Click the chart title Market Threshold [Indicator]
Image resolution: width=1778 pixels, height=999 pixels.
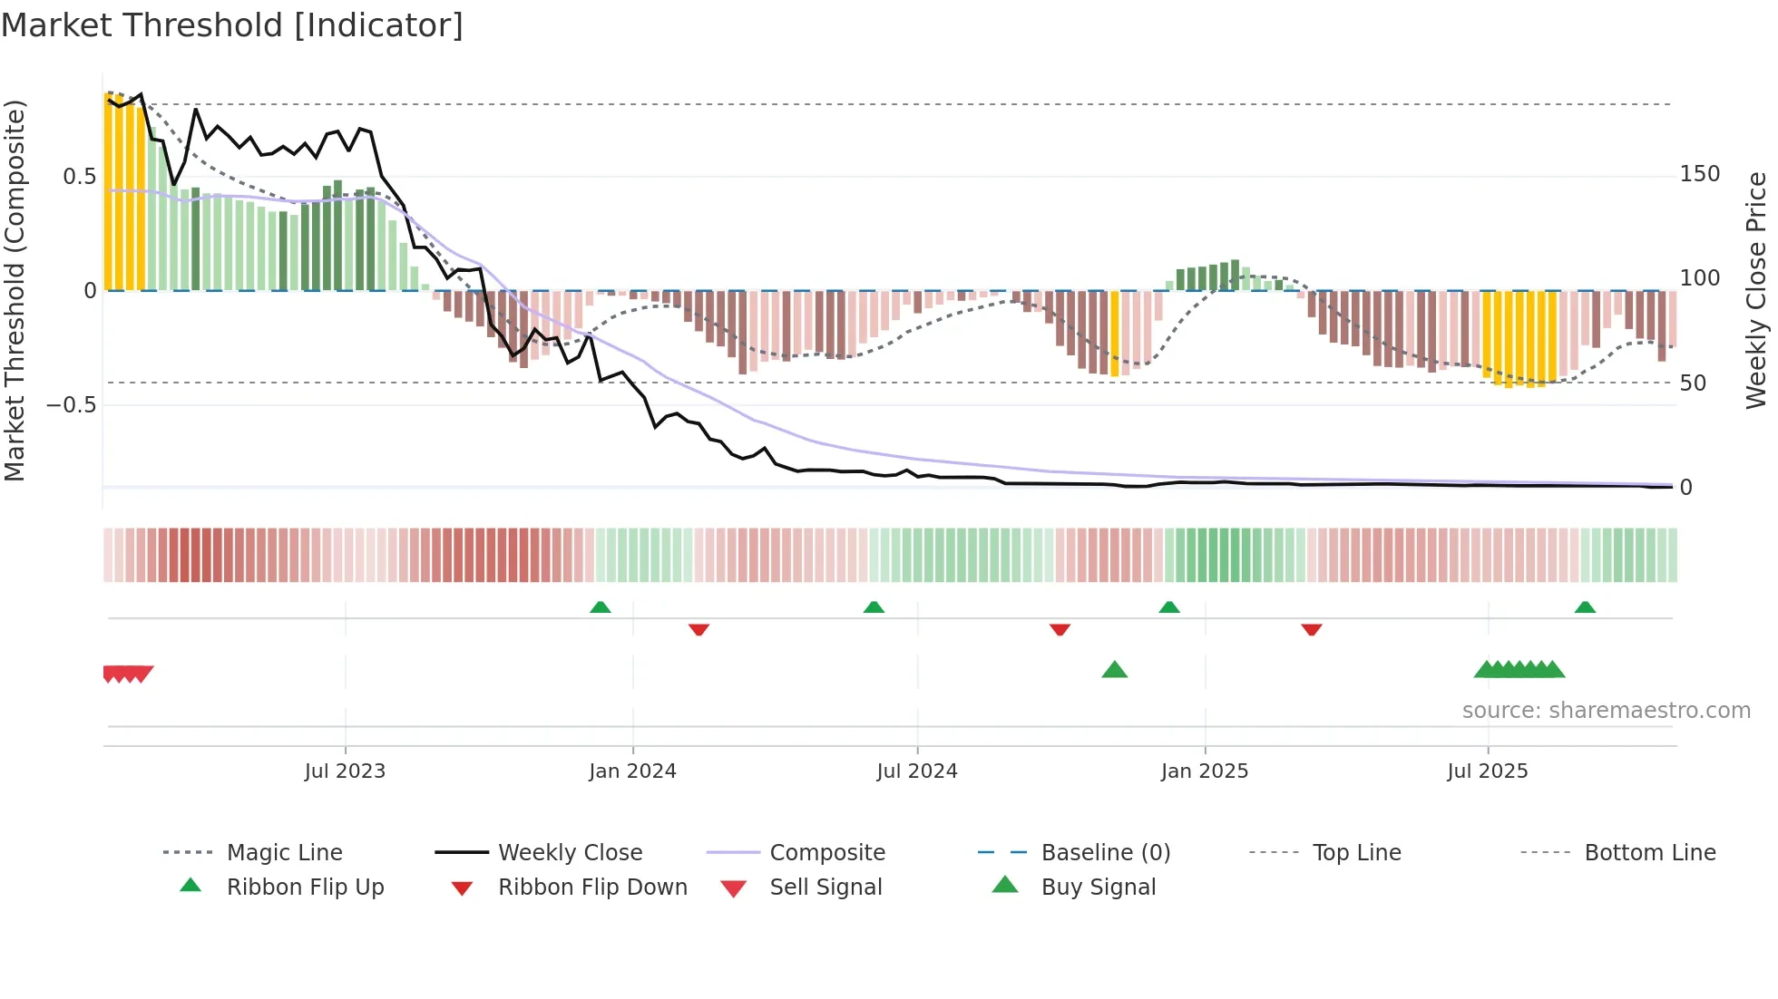coord(232,25)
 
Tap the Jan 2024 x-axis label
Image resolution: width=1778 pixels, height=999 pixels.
coord(632,771)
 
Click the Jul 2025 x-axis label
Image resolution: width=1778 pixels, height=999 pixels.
coord(1487,771)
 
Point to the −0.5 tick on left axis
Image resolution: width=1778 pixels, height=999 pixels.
coord(72,404)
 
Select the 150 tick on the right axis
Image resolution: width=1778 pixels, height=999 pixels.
coord(1699,174)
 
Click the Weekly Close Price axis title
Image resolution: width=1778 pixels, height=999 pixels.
coord(1756,290)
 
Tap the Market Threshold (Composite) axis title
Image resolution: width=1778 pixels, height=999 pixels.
coord(15,290)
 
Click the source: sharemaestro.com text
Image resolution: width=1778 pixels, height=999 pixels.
coord(1606,711)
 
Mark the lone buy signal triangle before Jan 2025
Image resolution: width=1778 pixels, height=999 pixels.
coord(1114,670)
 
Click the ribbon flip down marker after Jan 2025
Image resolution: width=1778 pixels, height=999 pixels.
coord(1311,629)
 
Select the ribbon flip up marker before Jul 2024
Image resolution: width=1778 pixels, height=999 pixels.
coord(874,607)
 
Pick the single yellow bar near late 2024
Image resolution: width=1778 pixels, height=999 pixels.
coord(1115,333)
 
